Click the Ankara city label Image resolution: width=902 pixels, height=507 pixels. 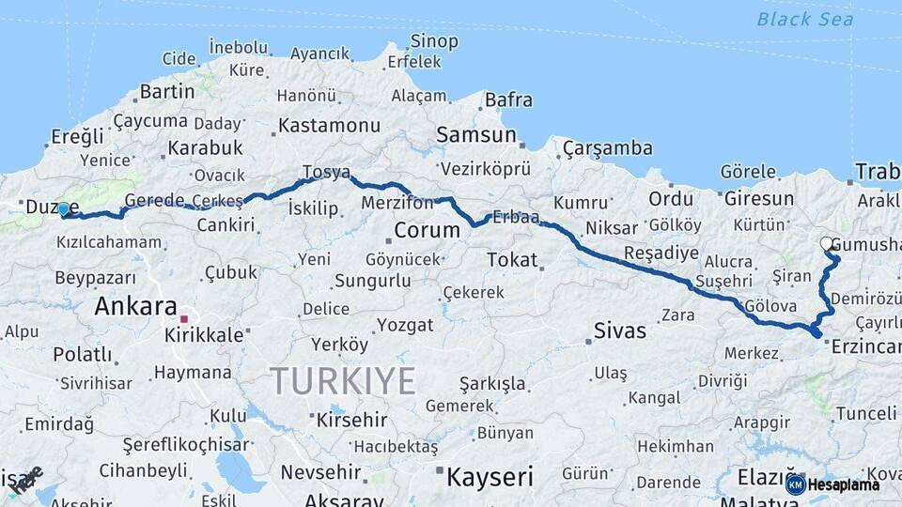pos(135,307)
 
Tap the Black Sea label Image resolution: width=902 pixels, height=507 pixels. pos(805,19)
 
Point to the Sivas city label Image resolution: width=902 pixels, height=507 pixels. pos(619,330)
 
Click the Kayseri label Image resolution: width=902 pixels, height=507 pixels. pos(489,477)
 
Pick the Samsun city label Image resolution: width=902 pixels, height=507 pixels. pos(475,135)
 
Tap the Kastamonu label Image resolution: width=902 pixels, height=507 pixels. pos(329,125)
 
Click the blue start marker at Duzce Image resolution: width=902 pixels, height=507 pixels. pos(63,209)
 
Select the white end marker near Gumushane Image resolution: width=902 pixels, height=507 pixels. pos(827,244)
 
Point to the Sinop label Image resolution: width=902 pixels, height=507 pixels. pos(434,41)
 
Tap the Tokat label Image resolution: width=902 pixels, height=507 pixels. pos(512,260)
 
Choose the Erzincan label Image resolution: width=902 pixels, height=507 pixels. pos(867,347)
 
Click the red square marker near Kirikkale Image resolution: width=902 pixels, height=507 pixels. pos(184,319)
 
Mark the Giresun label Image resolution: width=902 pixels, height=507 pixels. pos(757,199)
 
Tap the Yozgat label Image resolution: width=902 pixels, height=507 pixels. pos(405,326)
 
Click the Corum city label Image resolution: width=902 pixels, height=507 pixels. pos(427,230)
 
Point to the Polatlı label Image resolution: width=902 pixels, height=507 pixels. pos(82,355)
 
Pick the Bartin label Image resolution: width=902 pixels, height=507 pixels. pos(165,92)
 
